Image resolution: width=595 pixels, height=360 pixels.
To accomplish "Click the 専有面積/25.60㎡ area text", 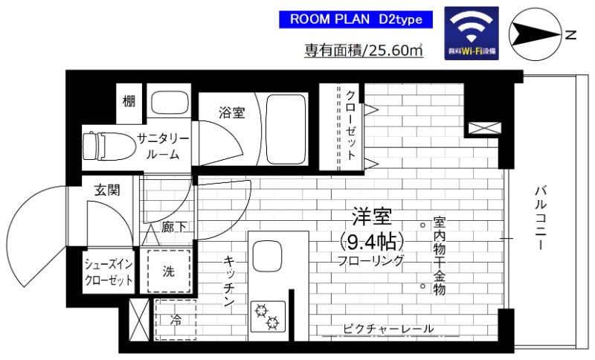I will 364,51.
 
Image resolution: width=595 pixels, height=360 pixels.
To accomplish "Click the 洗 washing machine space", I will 170,271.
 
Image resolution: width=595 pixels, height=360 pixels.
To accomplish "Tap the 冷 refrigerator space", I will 176,322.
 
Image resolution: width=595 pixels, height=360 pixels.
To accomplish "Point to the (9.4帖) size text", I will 371,241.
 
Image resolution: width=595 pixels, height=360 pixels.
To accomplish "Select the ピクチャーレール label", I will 389,329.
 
